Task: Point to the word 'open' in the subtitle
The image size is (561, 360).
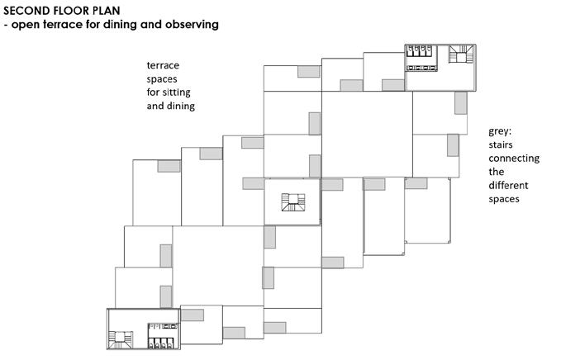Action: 26,25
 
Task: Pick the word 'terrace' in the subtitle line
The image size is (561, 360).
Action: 64,25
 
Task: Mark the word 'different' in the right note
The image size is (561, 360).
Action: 508,185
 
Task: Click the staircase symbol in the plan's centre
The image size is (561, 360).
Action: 292,202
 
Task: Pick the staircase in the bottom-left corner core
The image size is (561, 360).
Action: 124,338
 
